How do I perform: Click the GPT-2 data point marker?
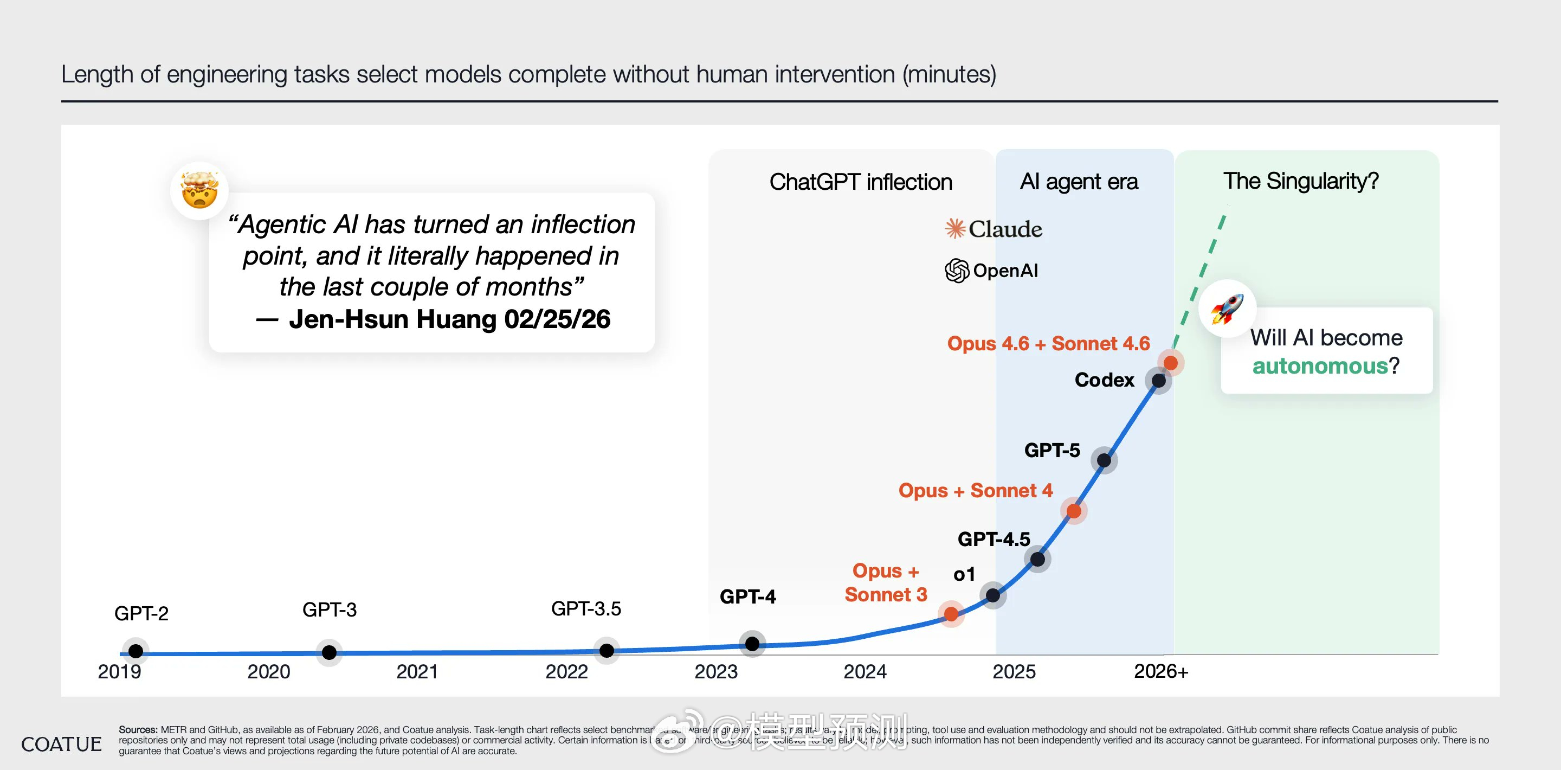[x=136, y=651]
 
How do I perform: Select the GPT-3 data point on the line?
[x=329, y=652]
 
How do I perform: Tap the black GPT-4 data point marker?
[x=752, y=643]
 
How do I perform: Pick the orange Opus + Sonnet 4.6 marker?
[x=1171, y=363]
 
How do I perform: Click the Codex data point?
[x=1159, y=381]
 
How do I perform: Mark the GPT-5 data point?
[x=1104, y=460]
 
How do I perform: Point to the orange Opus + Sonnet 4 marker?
[x=1074, y=511]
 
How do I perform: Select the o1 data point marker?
[x=992, y=595]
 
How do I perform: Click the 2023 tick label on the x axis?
[x=715, y=672]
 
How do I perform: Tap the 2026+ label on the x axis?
[x=1160, y=671]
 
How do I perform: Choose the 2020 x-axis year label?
[x=268, y=672]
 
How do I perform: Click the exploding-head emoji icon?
[x=199, y=190]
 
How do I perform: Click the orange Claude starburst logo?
[x=955, y=229]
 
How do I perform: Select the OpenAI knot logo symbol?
[x=957, y=271]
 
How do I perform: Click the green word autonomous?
[x=1320, y=366]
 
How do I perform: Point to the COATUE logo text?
[x=61, y=744]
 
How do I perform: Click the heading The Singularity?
[x=1300, y=181]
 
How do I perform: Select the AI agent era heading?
[x=1079, y=181]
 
